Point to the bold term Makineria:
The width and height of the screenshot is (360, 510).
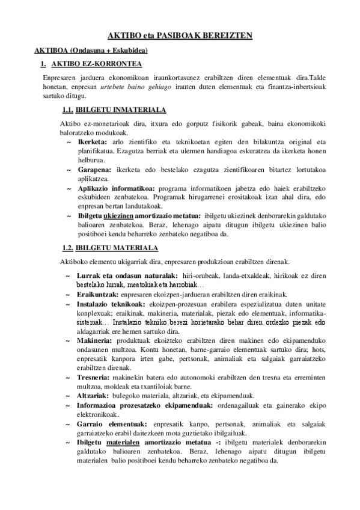tap(96, 341)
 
